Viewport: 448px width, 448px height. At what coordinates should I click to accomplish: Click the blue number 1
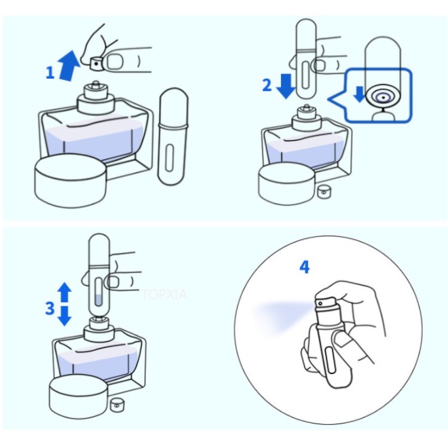[50, 73]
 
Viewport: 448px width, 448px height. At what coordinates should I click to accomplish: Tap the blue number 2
[267, 85]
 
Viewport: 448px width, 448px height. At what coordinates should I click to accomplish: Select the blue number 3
[50, 308]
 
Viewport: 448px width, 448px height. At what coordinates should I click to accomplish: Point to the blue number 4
[305, 267]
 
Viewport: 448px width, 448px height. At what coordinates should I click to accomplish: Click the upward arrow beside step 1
[69, 66]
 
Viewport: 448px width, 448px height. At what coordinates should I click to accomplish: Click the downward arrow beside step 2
[286, 86]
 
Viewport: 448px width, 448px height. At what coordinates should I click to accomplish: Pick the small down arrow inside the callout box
[359, 94]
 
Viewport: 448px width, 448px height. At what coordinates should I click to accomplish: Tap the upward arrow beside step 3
[65, 292]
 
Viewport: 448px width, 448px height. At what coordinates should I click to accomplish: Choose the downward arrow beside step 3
[65, 316]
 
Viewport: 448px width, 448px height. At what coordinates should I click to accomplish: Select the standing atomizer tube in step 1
[173, 136]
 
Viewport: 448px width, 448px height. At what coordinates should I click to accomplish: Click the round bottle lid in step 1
[71, 181]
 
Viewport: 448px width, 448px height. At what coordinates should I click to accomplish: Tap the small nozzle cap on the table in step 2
[323, 191]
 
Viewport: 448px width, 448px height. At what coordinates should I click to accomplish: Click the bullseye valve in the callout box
[383, 98]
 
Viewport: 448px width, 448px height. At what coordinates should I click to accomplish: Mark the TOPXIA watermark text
[164, 295]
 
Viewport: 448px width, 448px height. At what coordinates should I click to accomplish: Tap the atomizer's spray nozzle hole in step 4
[320, 303]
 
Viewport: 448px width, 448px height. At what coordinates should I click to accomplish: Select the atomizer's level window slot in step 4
[331, 360]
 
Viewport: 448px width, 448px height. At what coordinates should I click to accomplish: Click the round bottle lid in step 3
[79, 396]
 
